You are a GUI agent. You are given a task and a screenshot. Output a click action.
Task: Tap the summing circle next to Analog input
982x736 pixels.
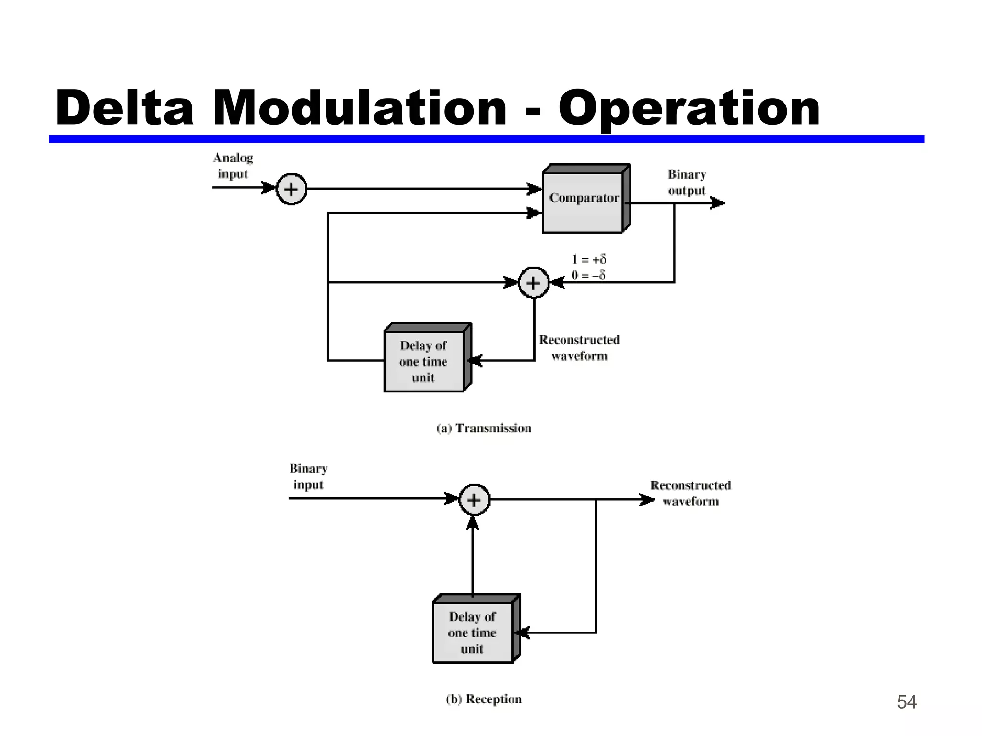click(x=291, y=189)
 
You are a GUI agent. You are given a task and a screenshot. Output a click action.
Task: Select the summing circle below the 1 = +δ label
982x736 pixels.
click(x=533, y=283)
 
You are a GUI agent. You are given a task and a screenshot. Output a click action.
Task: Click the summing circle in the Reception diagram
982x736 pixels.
click(x=474, y=500)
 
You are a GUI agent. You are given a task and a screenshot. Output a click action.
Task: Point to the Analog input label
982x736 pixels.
click(x=233, y=166)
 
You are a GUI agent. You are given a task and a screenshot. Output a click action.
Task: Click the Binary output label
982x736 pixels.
click(x=687, y=183)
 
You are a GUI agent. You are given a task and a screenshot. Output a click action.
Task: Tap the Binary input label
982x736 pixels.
click(x=308, y=476)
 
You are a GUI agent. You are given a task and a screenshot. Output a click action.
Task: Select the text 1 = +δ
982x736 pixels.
click(x=589, y=259)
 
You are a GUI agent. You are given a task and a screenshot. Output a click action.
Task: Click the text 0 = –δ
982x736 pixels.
click(x=588, y=275)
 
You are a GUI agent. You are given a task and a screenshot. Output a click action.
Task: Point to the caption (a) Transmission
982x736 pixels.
click(x=484, y=428)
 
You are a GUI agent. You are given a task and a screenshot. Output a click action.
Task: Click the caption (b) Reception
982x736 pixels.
click(x=484, y=699)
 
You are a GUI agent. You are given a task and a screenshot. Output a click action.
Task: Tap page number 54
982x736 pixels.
click(x=906, y=702)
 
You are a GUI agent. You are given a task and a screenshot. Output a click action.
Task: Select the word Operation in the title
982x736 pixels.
click(x=689, y=109)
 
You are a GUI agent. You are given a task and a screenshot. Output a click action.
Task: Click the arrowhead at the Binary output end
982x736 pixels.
click(x=718, y=203)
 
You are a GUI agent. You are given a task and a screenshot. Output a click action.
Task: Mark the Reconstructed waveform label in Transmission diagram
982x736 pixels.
click(x=579, y=348)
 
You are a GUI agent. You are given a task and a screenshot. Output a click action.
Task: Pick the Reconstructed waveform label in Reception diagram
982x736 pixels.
click(x=690, y=493)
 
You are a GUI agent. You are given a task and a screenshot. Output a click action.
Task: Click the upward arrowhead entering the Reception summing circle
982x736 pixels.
click(x=473, y=523)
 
